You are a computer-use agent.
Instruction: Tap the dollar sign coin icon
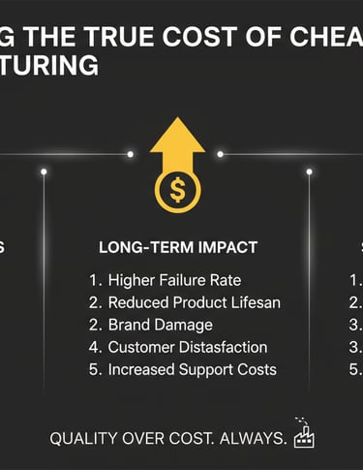coord(177,190)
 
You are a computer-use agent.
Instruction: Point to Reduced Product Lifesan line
coord(193,302)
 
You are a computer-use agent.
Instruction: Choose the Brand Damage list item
coord(160,325)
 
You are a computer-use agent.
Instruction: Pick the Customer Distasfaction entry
coord(187,347)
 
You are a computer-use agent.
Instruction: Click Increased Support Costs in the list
coord(192,369)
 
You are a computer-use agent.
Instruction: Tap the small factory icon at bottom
coord(305,435)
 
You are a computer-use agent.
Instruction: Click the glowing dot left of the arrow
coord(130,154)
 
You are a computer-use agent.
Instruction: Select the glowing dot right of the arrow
coord(221,154)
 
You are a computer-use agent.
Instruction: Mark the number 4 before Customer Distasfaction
coord(94,347)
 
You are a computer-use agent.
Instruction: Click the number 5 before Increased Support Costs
coord(94,369)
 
